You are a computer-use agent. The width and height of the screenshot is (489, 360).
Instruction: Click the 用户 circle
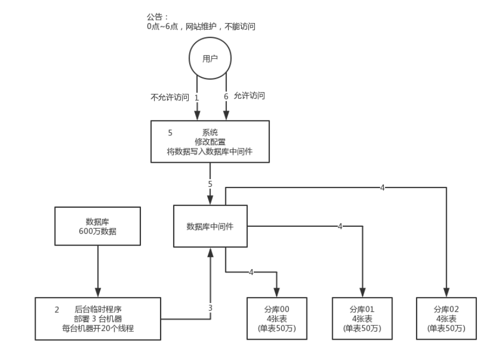210,59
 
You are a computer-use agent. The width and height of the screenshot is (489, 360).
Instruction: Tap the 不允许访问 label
169,98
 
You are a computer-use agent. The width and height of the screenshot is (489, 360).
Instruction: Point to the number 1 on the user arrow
196,97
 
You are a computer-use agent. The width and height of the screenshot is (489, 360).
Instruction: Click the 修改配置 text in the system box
211,141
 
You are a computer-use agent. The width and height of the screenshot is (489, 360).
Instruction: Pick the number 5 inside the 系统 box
170,133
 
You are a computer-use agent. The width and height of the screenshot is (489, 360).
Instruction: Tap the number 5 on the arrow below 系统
210,184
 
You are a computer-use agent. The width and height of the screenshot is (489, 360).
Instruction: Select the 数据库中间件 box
210,226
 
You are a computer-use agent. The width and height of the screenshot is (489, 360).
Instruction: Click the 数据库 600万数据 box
98,226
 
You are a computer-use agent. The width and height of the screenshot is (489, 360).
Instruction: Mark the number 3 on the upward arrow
210,307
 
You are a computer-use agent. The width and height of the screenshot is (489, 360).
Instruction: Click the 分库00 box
277,318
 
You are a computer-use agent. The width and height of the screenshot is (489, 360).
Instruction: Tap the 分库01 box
362,318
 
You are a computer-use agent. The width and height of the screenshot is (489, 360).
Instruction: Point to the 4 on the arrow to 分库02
382,187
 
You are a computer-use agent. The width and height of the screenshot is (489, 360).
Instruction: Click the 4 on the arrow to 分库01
340,226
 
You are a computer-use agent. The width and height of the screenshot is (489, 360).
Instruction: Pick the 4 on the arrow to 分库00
251,272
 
